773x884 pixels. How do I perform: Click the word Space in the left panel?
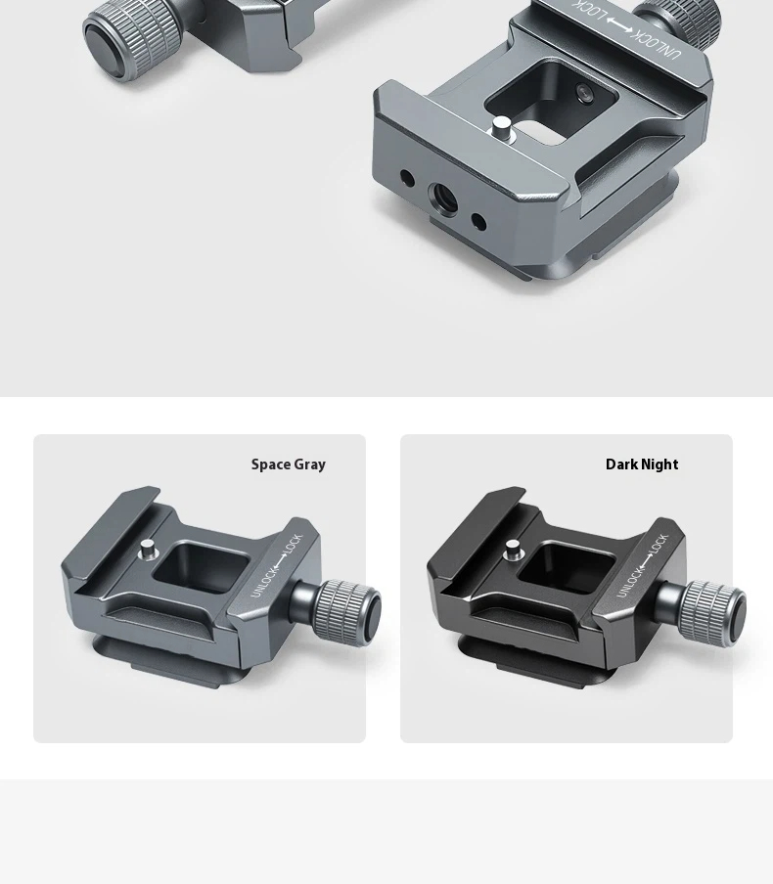[x=271, y=464]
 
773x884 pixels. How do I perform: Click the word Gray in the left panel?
[x=310, y=465]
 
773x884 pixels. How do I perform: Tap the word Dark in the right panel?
[x=621, y=464]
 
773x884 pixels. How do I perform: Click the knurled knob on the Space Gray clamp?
[x=347, y=612]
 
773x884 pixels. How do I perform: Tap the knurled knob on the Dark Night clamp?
[x=712, y=612]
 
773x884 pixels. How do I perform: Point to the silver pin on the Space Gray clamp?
[x=148, y=550]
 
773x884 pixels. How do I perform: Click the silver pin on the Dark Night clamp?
[x=513, y=550]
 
